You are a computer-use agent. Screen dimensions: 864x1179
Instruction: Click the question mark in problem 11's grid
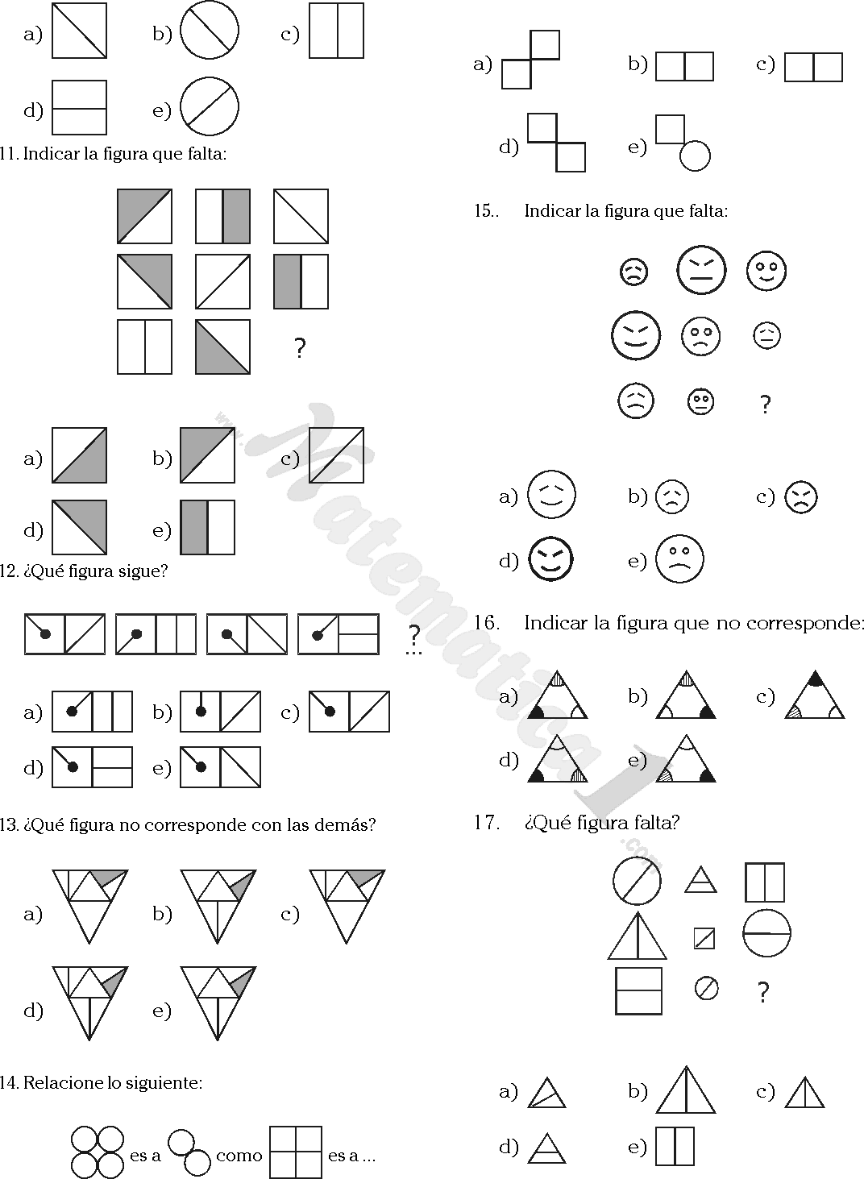point(300,349)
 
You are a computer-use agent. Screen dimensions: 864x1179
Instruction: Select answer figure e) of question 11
point(207,528)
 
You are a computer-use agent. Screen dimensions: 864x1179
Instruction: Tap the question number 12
point(8,571)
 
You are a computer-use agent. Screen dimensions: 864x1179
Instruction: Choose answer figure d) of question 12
point(92,767)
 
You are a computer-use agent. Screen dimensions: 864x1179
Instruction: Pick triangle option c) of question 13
point(347,906)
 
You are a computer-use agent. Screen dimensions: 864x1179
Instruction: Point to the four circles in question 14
point(98,1152)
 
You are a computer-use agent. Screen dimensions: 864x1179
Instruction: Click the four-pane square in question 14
point(296,1152)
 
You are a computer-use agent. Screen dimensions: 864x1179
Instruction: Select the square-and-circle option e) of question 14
point(683,143)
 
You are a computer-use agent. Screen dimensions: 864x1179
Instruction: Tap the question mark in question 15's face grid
point(766,404)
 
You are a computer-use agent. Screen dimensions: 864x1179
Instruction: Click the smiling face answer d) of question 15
point(551,558)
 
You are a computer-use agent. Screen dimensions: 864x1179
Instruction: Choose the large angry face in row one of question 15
point(701,270)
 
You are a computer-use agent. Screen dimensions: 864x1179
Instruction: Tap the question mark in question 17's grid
point(763,992)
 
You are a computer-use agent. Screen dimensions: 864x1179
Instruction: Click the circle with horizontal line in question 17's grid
point(766,933)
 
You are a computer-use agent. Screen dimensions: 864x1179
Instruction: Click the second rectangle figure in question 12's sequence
point(156,633)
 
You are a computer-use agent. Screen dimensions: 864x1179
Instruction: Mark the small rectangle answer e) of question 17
point(675,1146)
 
